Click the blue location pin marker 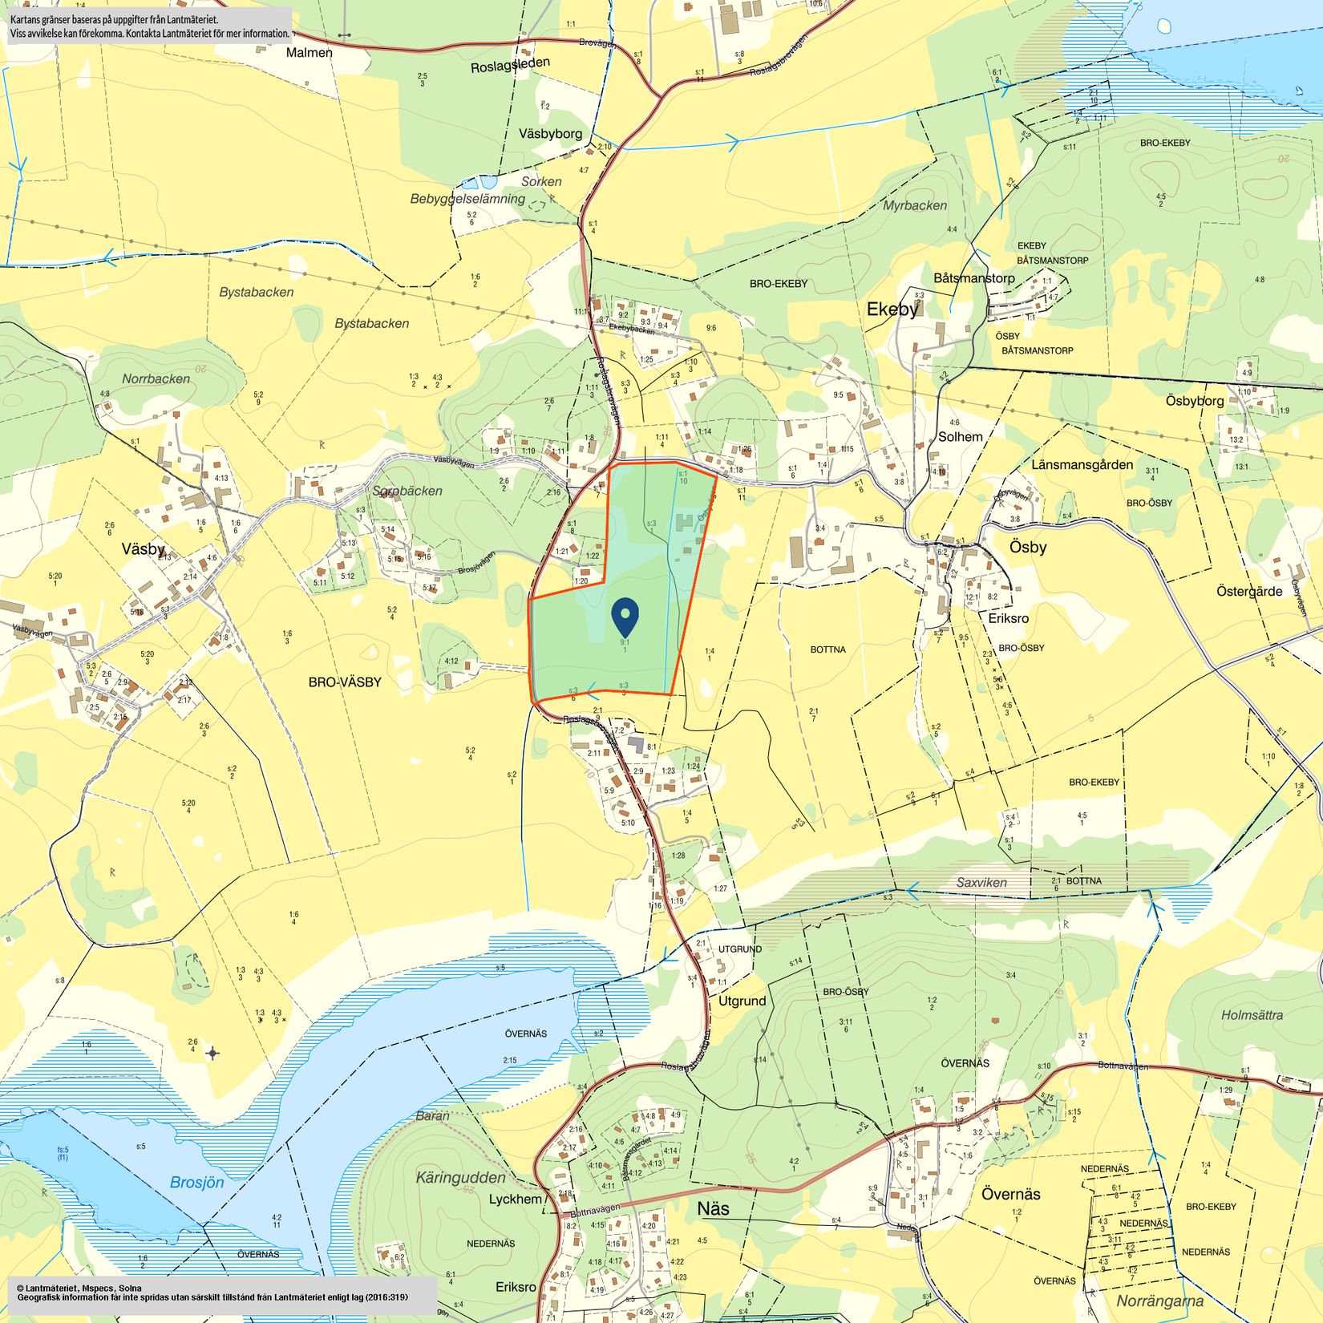[x=625, y=617]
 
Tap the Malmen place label [x=310, y=53]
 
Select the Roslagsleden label [x=510, y=66]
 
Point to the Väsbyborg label [x=550, y=134]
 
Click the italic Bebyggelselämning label [x=467, y=199]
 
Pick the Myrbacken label [x=915, y=205]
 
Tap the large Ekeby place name [x=892, y=310]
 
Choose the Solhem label [x=960, y=437]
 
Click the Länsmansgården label [x=1082, y=465]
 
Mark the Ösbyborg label [x=1195, y=401]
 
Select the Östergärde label [x=1249, y=592]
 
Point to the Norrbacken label [x=156, y=378]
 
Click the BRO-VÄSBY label [x=345, y=682]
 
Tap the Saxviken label [x=981, y=882]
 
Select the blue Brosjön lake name [x=197, y=1182]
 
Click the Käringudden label [x=461, y=1177]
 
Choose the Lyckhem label [x=516, y=1199]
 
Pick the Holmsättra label [x=1252, y=1015]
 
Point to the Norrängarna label [x=1159, y=1301]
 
